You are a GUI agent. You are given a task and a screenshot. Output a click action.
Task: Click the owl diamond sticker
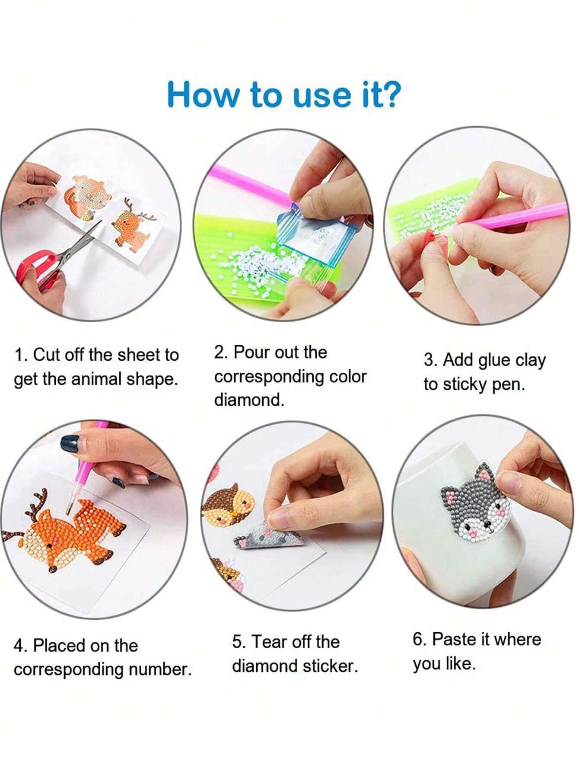pos(227,505)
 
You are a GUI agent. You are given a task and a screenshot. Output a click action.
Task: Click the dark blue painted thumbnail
pos(69,444)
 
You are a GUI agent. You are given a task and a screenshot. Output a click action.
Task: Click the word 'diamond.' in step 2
pos(249,400)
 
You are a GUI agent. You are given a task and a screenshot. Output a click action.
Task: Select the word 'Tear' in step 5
pos(269,642)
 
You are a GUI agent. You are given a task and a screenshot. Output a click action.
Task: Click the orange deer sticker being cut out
pos(133,224)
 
